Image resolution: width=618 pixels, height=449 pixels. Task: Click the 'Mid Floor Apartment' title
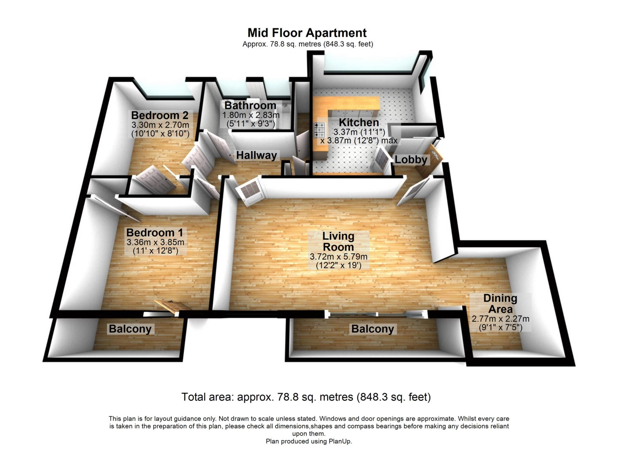(x=307, y=33)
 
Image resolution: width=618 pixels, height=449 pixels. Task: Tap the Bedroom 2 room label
(x=160, y=115)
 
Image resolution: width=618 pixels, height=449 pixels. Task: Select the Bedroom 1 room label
(x=154, y=232)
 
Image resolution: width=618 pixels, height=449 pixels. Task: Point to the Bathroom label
(x=250, y=105)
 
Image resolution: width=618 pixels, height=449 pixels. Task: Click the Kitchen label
(x=359, y=123)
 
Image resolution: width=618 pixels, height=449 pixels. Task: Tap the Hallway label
(x=257, y=155)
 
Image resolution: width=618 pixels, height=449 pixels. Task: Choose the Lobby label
(x=411, y=160)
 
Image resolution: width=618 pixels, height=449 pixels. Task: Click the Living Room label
(x=338, y=242)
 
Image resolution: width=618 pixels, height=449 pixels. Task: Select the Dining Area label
(x=500, y=304)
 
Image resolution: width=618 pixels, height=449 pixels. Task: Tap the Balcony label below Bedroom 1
(x=130, y=329)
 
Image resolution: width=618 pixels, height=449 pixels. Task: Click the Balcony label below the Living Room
(x=373, y=329)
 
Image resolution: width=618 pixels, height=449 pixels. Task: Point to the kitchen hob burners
(x=320, y=130)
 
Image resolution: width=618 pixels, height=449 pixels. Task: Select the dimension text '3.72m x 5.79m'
(x=339, y=257)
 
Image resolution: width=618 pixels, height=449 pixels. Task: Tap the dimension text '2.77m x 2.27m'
(x=501, y=319)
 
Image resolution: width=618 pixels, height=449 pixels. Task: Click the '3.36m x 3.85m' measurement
(x=155, y=242)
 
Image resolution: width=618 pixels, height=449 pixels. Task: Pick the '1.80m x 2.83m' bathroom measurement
(x=251, y=115)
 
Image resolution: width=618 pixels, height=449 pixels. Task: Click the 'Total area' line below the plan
(x=306, y=397)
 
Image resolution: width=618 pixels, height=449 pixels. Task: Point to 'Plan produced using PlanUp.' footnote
(x=309, y=441)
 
